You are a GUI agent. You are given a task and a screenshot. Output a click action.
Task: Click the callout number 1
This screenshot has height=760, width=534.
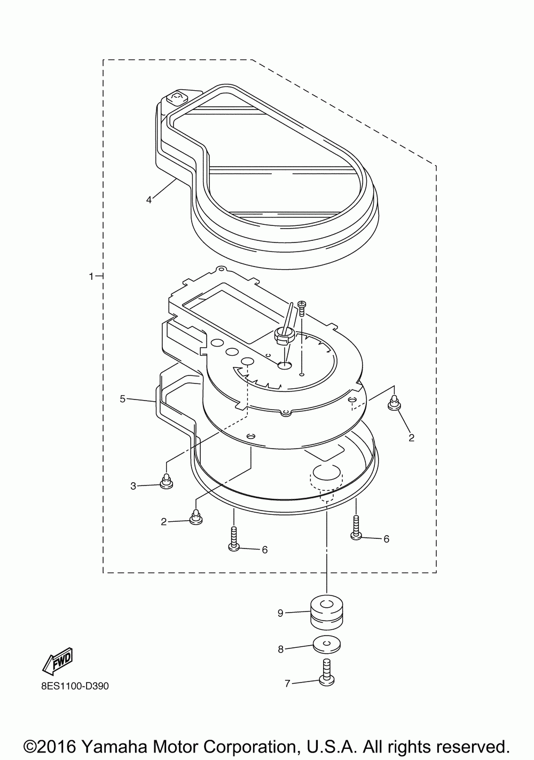pyautogui.click(x=91, y=276)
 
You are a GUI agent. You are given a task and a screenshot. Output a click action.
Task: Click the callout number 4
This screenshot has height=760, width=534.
pyautogui.click(x=149, y=200)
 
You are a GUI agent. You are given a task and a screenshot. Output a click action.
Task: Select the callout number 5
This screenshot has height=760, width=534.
pyautogui.click(x=122, y=398)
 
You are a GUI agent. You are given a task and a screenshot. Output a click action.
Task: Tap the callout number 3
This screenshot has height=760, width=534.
pyautogui.click(x=133, y=485)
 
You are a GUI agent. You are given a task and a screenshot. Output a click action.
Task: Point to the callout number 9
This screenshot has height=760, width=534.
pyautogui.click(x=280, y=614)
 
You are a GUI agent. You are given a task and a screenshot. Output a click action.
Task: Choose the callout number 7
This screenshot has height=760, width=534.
pyautogui.click(x=287, y=683)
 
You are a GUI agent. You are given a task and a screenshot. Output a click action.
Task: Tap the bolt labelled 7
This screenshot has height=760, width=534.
pyautogui.click(x=326, y=672)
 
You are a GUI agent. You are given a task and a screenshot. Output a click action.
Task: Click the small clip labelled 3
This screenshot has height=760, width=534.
pyautogui.click(x=167, y=482)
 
